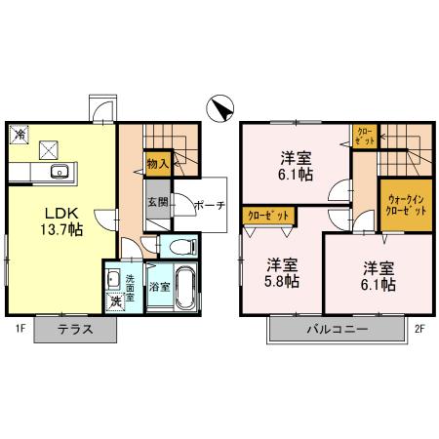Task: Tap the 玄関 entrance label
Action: (157, 202)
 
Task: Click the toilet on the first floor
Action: (181, 246)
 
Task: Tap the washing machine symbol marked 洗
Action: (115, 300)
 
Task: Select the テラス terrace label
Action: (73, 330)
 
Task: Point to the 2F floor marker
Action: (420, 329)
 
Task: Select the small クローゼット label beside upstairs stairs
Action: (363, 135)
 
